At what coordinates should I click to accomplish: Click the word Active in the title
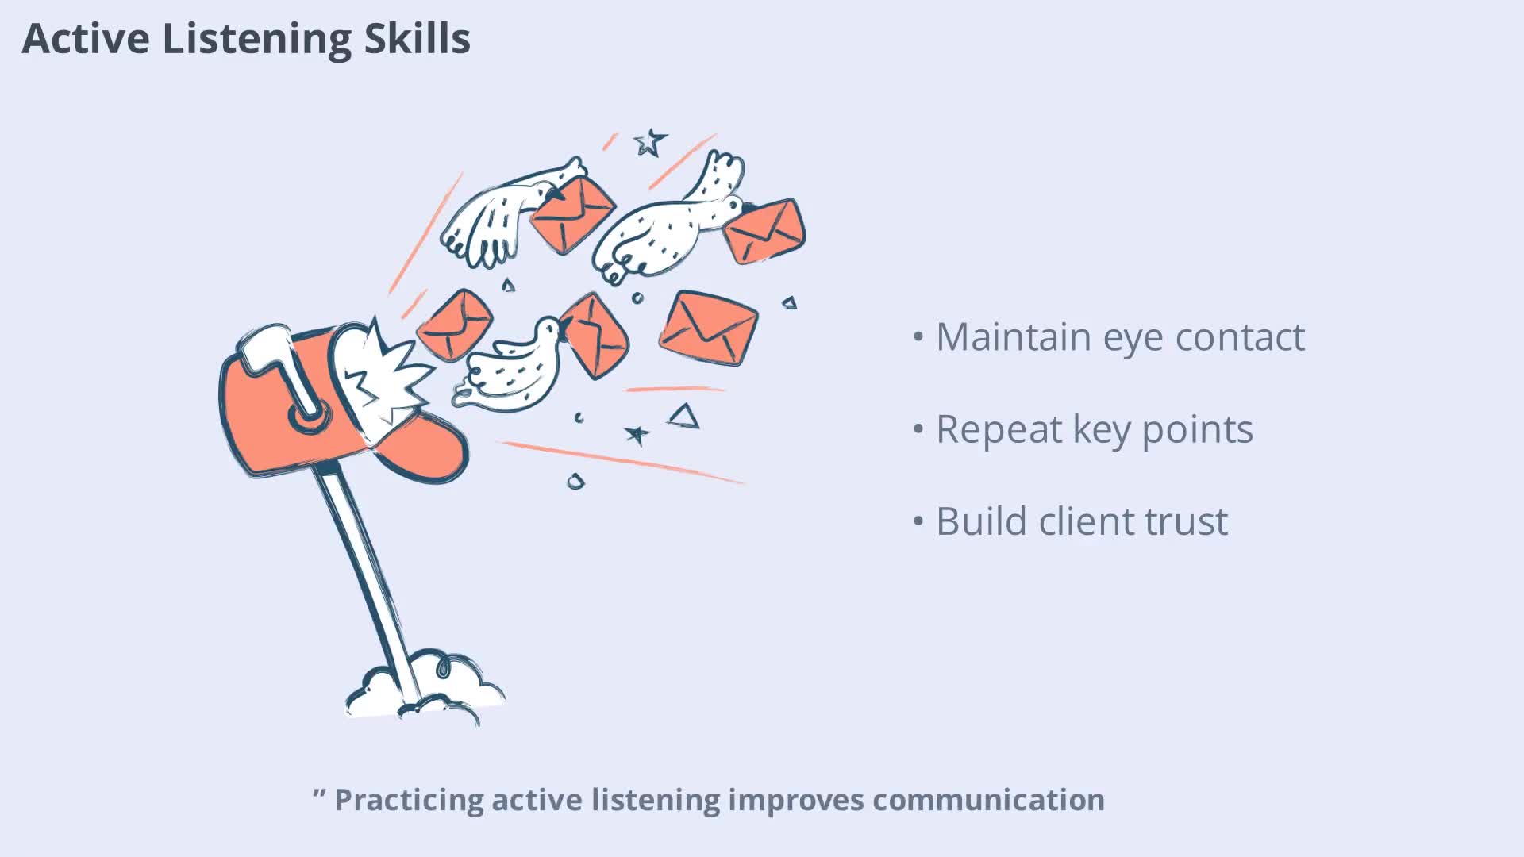[86, 38]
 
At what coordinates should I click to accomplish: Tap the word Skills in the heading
[418, 38]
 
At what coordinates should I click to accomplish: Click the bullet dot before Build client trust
[919, 522]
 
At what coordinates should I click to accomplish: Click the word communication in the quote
[988, 799]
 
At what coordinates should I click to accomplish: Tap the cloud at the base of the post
[425, 690]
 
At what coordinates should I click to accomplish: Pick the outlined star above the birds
[650, 143]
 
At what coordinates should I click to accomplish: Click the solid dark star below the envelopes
[637, 434]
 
